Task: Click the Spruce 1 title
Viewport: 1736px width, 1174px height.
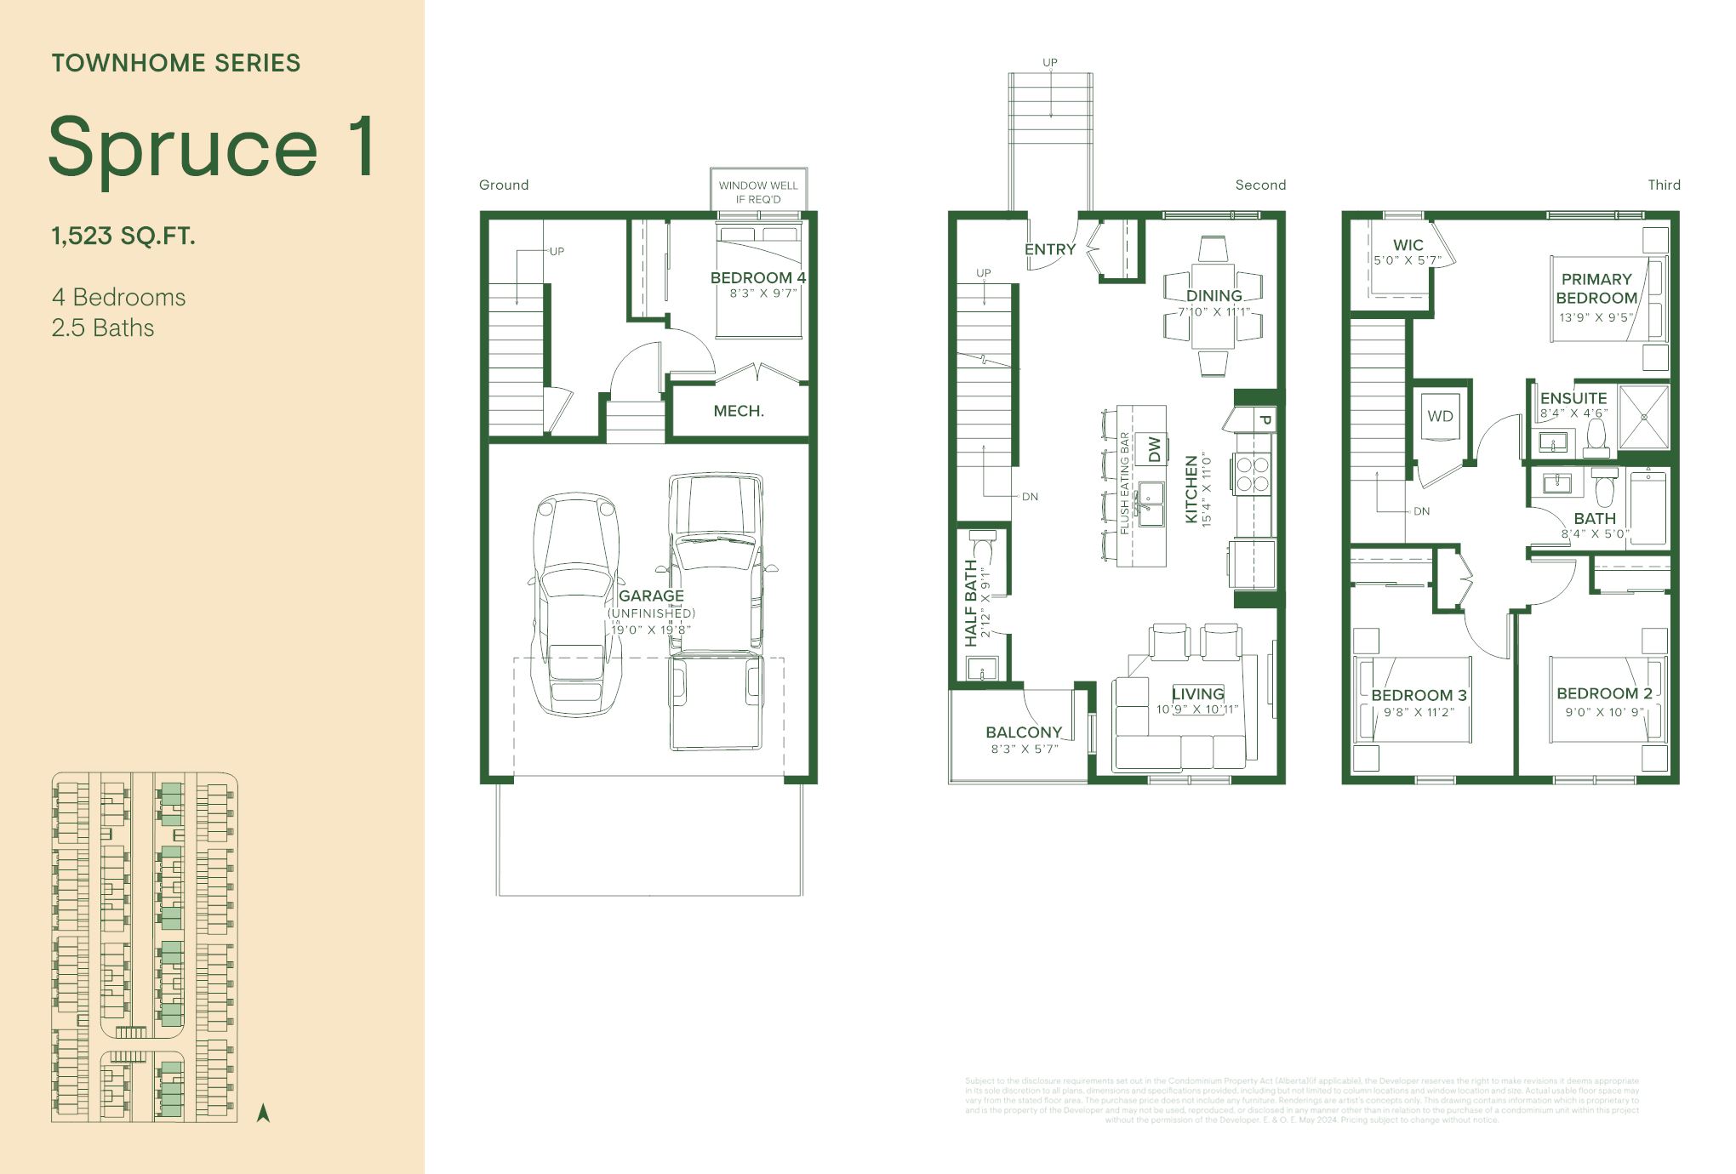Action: coord(211,146)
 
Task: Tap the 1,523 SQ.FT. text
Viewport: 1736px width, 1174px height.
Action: coord(123,236)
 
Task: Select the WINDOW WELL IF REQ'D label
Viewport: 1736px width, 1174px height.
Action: coord(758,191)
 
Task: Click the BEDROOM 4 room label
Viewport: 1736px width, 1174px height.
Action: coord(757,277)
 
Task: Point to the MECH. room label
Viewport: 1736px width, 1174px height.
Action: coord(739,411)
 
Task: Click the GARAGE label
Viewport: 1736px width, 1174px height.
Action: coord(651,596)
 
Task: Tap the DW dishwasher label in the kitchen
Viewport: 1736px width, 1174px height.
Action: coord(1154,449)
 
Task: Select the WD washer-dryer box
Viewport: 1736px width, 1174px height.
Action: coord(1440,416)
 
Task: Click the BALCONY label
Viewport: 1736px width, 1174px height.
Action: coord(1024,732)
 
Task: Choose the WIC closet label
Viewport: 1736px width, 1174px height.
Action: coord(1408,245)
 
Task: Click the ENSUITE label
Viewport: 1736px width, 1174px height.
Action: coord(1573,398)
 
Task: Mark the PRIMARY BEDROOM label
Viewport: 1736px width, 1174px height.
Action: coord(1596,288)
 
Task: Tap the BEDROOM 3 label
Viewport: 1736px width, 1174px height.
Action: coord(1419,695)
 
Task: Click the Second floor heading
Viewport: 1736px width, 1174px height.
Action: coord(1260,185)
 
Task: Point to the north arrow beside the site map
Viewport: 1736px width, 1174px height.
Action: coord(263,1113)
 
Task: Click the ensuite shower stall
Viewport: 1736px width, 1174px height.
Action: coord(1643,417)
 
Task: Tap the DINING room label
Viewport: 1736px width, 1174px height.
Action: coord(1213,295)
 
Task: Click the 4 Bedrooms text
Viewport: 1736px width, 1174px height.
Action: coord(118,297)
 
